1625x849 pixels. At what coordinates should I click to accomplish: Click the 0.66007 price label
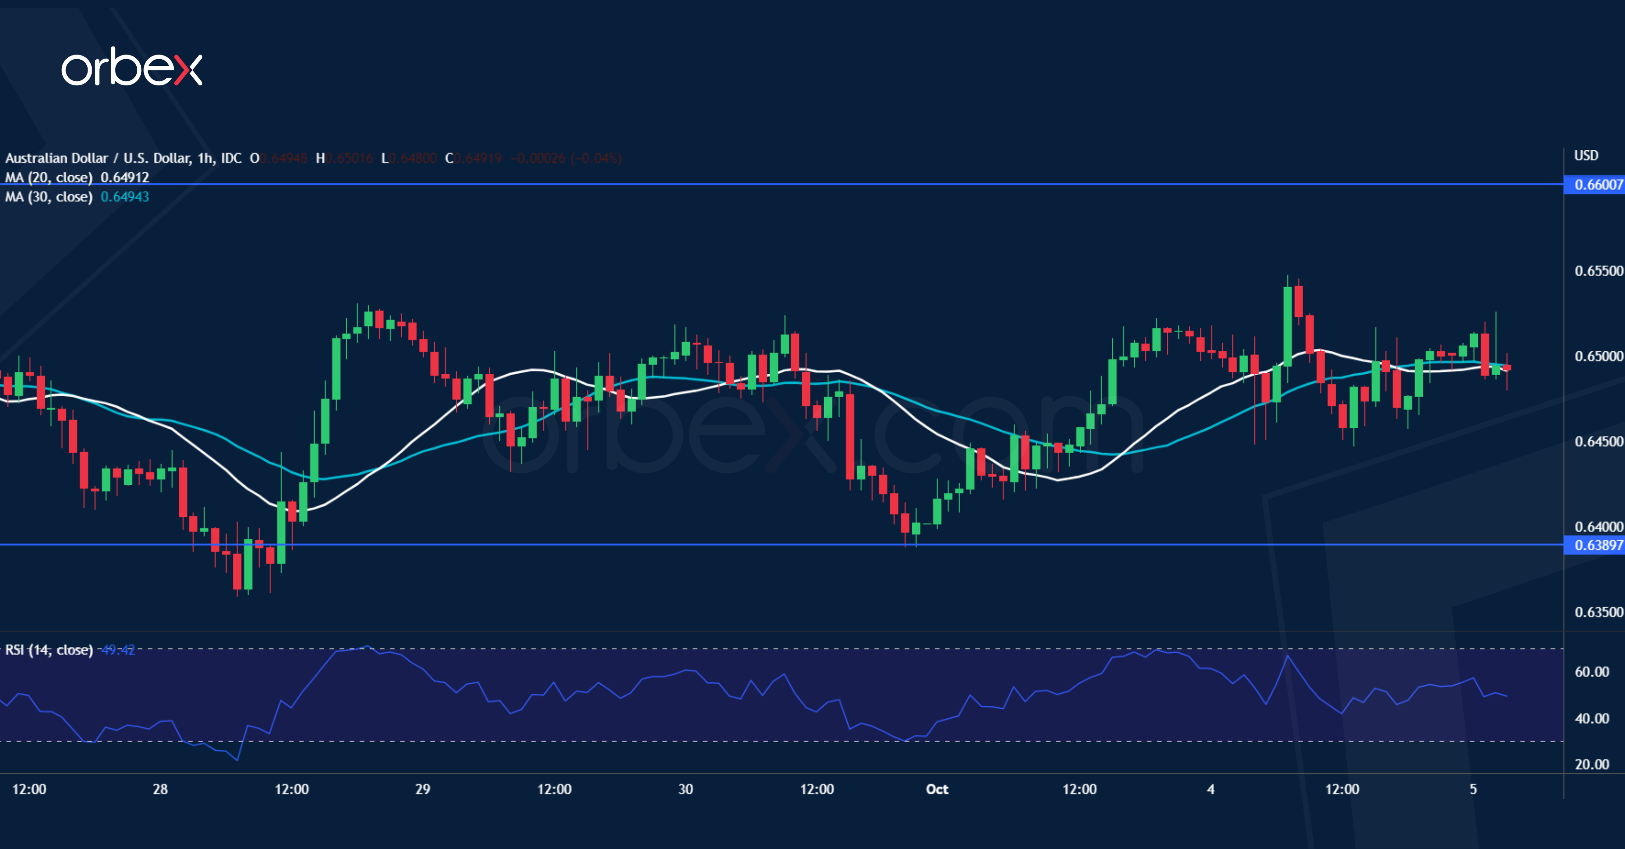1597,185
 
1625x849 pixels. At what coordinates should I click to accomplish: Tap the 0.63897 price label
1597,545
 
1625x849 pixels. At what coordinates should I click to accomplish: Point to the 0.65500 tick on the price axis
1598,271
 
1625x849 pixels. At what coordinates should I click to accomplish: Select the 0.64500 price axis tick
1598,441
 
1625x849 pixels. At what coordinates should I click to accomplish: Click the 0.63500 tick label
1598,612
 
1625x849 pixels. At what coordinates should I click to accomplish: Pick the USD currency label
1586,156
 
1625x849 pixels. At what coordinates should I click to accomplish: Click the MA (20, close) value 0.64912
125,178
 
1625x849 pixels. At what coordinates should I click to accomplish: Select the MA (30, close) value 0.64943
125,197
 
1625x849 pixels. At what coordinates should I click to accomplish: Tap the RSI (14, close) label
49,650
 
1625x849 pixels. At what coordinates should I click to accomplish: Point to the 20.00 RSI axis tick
1592,765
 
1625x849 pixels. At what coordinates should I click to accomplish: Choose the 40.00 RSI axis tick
1592,719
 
